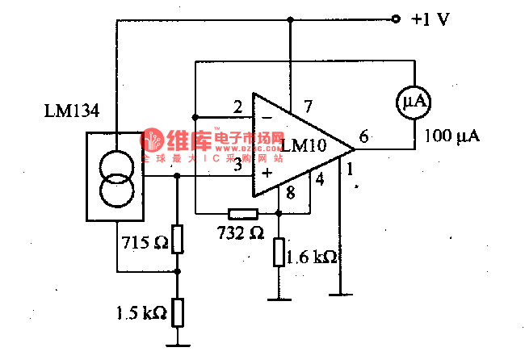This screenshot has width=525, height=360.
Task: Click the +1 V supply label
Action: coord(430,19)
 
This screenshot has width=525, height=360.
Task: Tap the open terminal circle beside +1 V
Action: coord(396,19)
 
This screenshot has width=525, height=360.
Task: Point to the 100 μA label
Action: coord(451,136)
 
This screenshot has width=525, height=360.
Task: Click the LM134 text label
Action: coord(72,111)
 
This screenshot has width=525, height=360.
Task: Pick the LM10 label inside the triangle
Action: coord(304,145)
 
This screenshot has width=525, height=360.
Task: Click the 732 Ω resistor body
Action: coord(242,214)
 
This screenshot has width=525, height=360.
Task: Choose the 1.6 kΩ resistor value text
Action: coord(312,257)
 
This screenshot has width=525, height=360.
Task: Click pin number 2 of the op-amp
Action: coord(237,107)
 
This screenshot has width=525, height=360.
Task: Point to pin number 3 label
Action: coord(237,165)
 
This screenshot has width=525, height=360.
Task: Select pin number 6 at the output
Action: coord(363,136)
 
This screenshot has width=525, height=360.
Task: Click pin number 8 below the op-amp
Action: coord(291,193)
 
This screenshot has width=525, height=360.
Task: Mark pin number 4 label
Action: coord(320,179)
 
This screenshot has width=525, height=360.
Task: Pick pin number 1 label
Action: coord(350,170)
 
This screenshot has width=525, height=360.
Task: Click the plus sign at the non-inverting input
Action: coord(267,171)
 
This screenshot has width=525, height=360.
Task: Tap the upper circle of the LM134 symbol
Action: coord(116,168)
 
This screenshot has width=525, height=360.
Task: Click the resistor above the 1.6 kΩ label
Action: coord(279,252)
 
